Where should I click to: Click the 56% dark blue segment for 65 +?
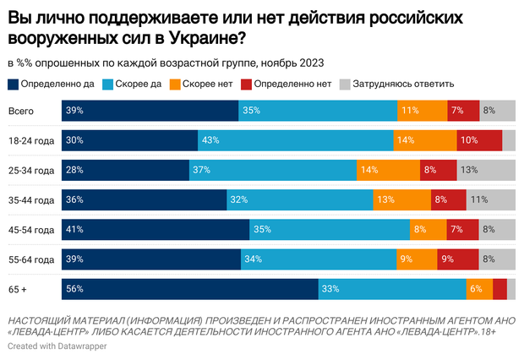point(189,288)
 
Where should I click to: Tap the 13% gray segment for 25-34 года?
point(486,170)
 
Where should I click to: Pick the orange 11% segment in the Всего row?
point(422,111)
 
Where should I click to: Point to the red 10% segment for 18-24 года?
point(479,140)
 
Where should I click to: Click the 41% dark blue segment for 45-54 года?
point(156,229)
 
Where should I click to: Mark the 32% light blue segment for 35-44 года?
point(299,199)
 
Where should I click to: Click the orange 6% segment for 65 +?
point(478,288)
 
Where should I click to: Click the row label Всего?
point(21,111)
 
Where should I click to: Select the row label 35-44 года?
point(30,199)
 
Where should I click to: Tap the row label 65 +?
point(17,288)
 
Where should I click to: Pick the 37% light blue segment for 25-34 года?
point(272,170)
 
